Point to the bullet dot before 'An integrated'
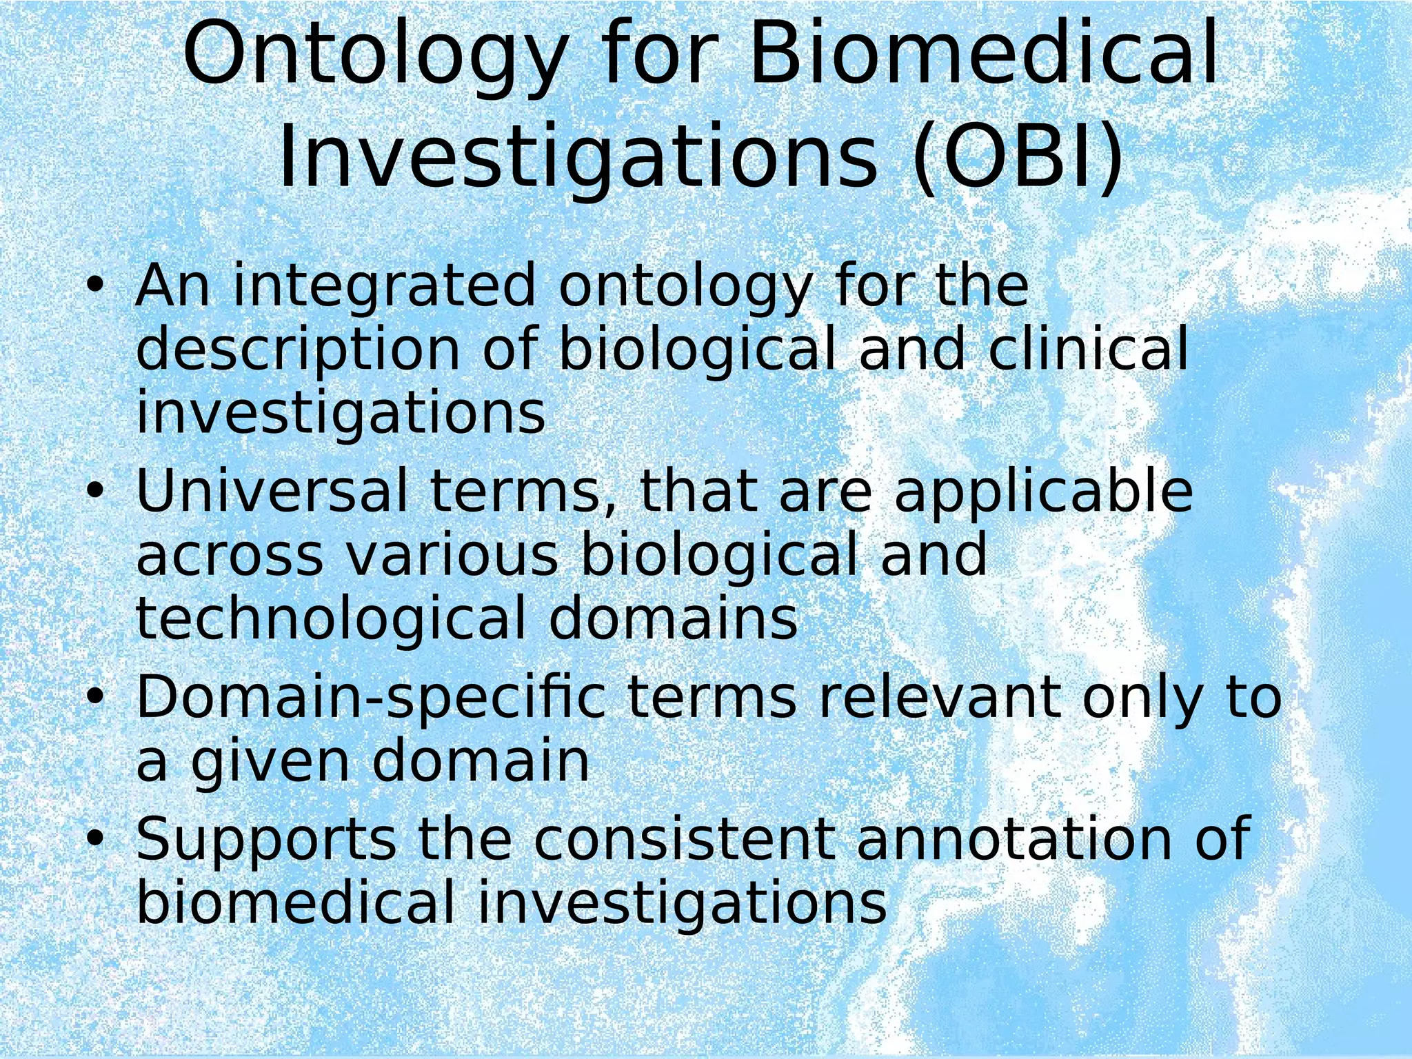coord(95,285)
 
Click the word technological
coord(331,618)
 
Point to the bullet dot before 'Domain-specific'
coord(95,697)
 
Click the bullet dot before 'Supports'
coord(95,838)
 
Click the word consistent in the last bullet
coord(683,838)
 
